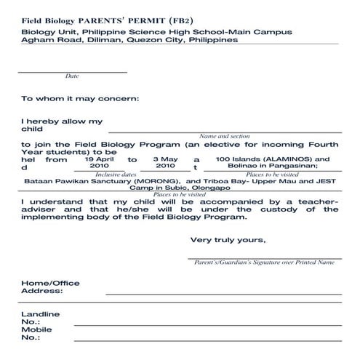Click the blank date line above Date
(72, 71)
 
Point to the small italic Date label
(72, 76)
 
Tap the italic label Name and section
(225, 136)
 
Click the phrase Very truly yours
(228, 240)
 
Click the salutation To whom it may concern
(80, 98)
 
